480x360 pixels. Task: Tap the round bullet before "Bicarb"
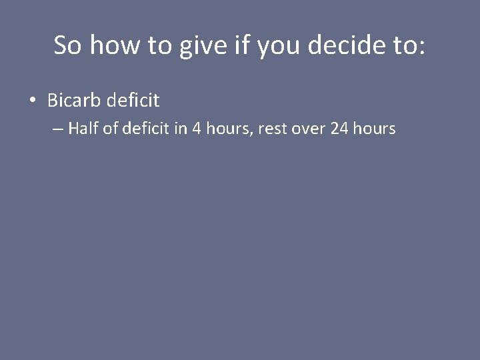tap(33, 101)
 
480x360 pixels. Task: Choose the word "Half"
tap(83, 129)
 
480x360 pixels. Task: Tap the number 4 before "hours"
tap(196, 129)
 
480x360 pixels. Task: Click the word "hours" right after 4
tap(226, 129)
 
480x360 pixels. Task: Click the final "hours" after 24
tap(375, 129)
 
